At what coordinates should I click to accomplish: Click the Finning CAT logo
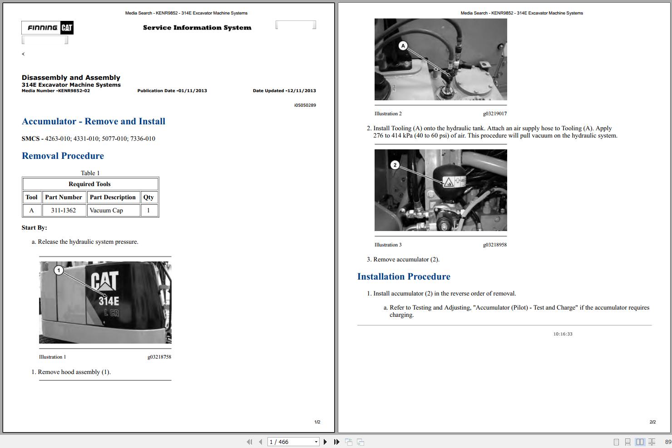(x=47, y=28)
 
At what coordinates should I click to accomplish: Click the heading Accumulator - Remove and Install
(x=94, y=121)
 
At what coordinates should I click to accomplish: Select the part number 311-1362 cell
(x=64, y=210)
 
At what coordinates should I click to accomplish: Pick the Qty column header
(x=148, y=197)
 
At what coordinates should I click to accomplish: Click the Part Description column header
(x=113, y=197)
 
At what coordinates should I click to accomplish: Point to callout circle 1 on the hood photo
(x=59, y=271)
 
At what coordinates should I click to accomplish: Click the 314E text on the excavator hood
(x=109, y=301)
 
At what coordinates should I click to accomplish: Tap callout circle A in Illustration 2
(x=403, y=45)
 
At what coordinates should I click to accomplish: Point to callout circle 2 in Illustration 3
(x=395, y=165)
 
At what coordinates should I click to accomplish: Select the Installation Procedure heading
(x=404, y=276)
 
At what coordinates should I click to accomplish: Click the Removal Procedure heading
(x=63, y=156)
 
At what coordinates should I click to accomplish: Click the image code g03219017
(x=494, y=113)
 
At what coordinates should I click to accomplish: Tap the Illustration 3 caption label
(x=388, y=245)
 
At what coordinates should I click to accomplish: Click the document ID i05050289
(x=305, y=105)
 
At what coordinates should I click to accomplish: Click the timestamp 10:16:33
(x=563, y=334)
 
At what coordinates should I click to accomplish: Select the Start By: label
(x=34, y=227)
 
